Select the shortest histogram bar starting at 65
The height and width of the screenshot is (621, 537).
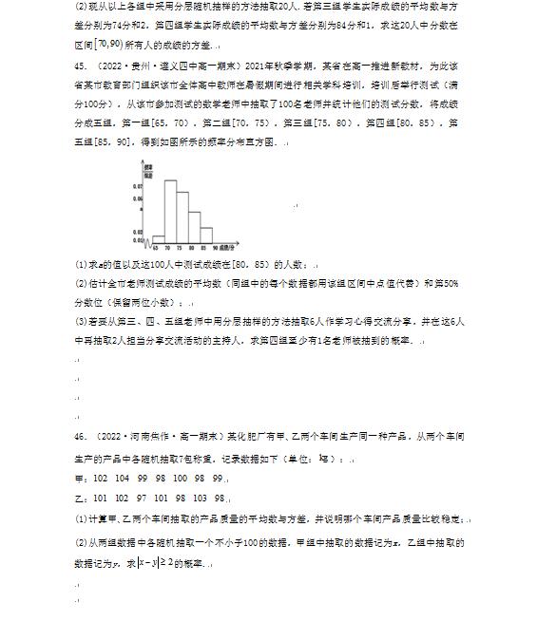pyautogui.click(x=159, y=239)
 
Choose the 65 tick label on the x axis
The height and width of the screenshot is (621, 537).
pyautogui.click(x=154, y=247)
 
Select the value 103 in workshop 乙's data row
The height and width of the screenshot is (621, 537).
pyautogui.click(x=200, y=498)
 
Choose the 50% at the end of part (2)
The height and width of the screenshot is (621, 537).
pyautogui.click(x=450, y=283)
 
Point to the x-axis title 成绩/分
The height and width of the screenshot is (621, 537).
pyautogui.click(x=226, y=247)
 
